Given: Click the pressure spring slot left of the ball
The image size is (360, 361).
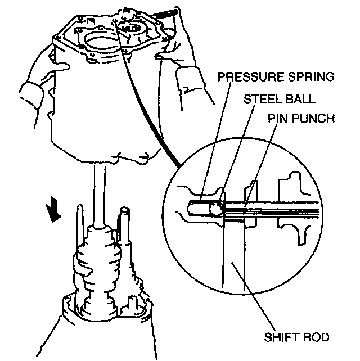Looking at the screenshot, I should tap(197, 208).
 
